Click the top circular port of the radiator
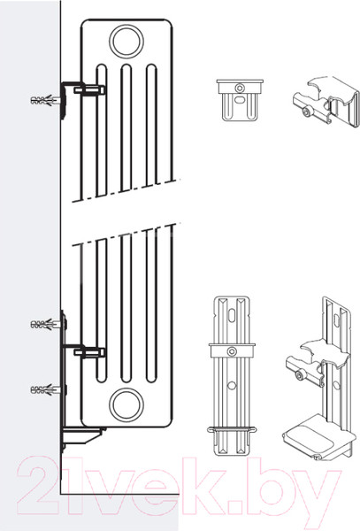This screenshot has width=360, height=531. point(126,42)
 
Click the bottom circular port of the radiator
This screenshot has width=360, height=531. point(126,405)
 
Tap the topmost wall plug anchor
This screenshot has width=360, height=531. point(46,101)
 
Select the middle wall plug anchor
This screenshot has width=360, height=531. point(46,325)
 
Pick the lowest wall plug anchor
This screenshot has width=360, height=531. point(46,389)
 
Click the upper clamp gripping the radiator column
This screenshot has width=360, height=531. point(89,90)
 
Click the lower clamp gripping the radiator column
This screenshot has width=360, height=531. point(89,352)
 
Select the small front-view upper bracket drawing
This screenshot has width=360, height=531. point(240,100)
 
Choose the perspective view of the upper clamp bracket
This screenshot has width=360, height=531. point(326,102)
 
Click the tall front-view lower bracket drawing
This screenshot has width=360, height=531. point(231,376)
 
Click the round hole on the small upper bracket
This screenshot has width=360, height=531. point(240,88)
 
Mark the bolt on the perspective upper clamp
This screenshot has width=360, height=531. point(308,112)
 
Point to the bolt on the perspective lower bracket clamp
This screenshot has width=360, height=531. point(301,374)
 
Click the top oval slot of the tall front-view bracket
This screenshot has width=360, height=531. point(232,315)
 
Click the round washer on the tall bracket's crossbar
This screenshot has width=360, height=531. point(232,351)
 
